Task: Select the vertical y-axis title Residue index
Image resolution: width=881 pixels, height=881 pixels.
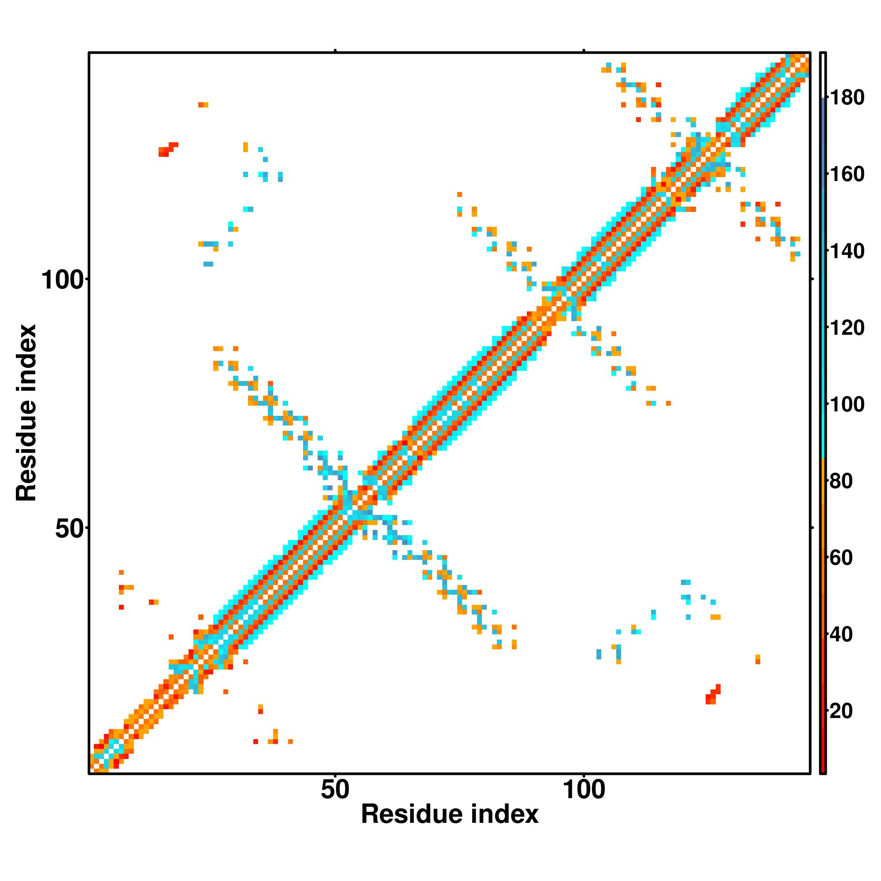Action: point(26,413)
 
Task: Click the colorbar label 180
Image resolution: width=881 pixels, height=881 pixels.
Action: point(847,98)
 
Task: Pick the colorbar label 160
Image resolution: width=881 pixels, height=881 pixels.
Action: point(847,174)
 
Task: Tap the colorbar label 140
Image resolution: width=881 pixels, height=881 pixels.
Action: point(847,251)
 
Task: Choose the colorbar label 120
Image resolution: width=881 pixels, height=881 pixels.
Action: point(847,328)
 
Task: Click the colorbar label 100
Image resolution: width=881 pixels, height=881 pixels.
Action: point(847,404)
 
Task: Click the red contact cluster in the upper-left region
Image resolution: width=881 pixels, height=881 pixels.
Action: point(168,150)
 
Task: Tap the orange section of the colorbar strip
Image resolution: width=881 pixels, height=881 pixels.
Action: point(823,547)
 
